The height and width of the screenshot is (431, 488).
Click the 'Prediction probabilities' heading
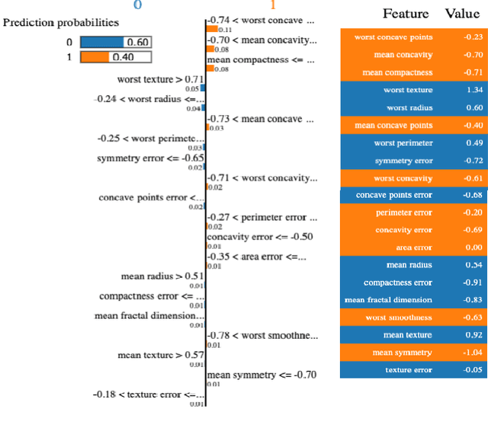pyautogui.click(x=61, y=23)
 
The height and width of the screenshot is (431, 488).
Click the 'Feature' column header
pyautogui.click(x=405, y=14)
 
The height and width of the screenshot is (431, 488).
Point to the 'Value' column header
pyautogui.click(x=462, y=14)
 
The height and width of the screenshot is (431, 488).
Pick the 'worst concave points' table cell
pyautogui.click(x=393, y=37)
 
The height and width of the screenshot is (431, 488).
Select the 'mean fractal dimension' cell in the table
pyautogui.click(x=388, y=300)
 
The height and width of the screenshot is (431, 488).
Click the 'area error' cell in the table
pyautogui.click(x=413, y=247)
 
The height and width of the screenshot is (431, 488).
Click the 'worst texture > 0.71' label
pyautogui.click(x=160, y=79)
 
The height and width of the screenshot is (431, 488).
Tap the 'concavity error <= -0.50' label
pyautogui.click(x=259, y=237)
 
